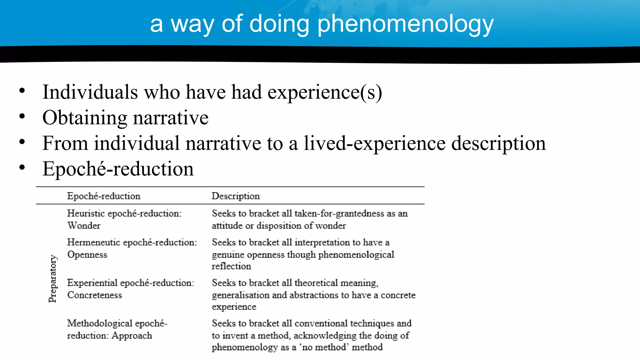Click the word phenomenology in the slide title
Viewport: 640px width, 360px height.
(405, 24)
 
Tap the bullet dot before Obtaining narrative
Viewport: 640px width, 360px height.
(22, 117)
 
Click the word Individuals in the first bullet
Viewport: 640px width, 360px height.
(90, 92)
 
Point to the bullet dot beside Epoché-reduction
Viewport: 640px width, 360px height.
(22, 167)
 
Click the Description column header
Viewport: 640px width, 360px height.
(236, 196)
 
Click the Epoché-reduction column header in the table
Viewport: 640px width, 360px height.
(104, 196)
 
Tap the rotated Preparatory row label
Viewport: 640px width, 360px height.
(53, 279)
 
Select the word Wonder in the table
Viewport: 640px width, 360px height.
(84, 226)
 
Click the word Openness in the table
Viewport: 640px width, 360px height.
(87, 255)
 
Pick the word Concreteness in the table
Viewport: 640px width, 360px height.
(94, 295)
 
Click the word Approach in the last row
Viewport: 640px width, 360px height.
(132, 336)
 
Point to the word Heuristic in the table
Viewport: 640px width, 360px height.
(86, 213)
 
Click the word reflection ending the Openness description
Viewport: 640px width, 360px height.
(231, 266)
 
